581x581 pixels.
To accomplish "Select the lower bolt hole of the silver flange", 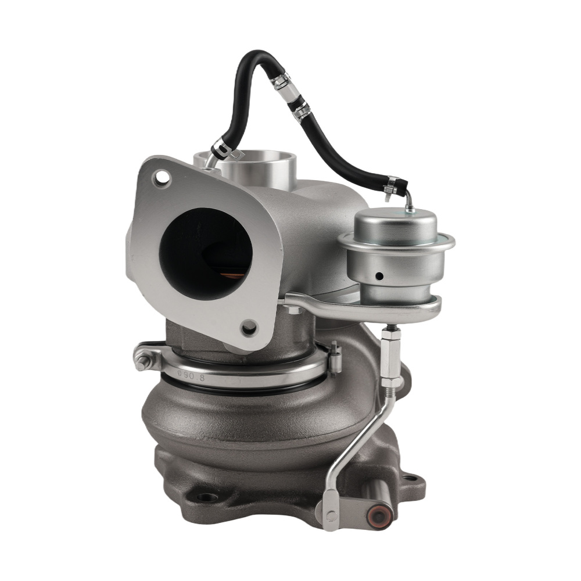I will [250, 328].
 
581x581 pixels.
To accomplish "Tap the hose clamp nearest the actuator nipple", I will [392, 185].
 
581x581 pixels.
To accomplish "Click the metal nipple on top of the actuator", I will [410, 203].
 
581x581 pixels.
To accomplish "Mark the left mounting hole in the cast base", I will [206, 497].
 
